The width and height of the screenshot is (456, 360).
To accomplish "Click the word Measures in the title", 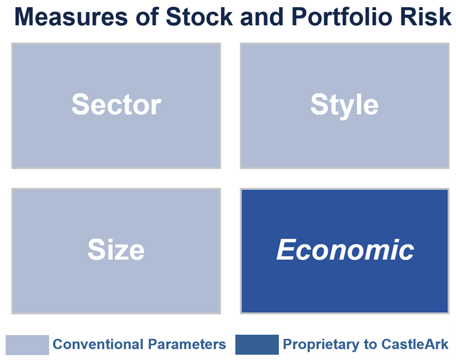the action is (71, 17).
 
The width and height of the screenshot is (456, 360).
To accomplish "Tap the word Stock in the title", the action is (199, 17).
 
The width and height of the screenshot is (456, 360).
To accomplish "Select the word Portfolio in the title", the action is (342, 17).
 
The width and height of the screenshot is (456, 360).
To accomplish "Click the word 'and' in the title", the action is (262, 17).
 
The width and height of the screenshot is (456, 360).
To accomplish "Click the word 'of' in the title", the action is (147, 17).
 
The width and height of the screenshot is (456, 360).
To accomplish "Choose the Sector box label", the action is (116, 104).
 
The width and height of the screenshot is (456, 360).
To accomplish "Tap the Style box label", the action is (345, 106).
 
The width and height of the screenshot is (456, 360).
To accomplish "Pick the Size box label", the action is (116, 250).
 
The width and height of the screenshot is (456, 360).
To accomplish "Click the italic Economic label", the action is (345, 250).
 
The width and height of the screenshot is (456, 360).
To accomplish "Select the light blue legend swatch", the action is (28, 345).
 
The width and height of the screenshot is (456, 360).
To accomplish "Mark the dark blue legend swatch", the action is (257, 344).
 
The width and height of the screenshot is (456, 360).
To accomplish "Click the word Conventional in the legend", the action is (98, 344).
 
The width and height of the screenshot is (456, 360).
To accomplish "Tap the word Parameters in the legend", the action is (187, 344).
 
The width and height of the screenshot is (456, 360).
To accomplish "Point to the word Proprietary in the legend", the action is (321, 345).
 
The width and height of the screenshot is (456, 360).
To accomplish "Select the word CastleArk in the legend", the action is (415, 344).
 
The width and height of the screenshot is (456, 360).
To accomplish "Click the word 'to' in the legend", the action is (370, 344).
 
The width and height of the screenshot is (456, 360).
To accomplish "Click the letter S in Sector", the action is (80, 104).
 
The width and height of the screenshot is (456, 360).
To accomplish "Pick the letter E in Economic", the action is (286, 249).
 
